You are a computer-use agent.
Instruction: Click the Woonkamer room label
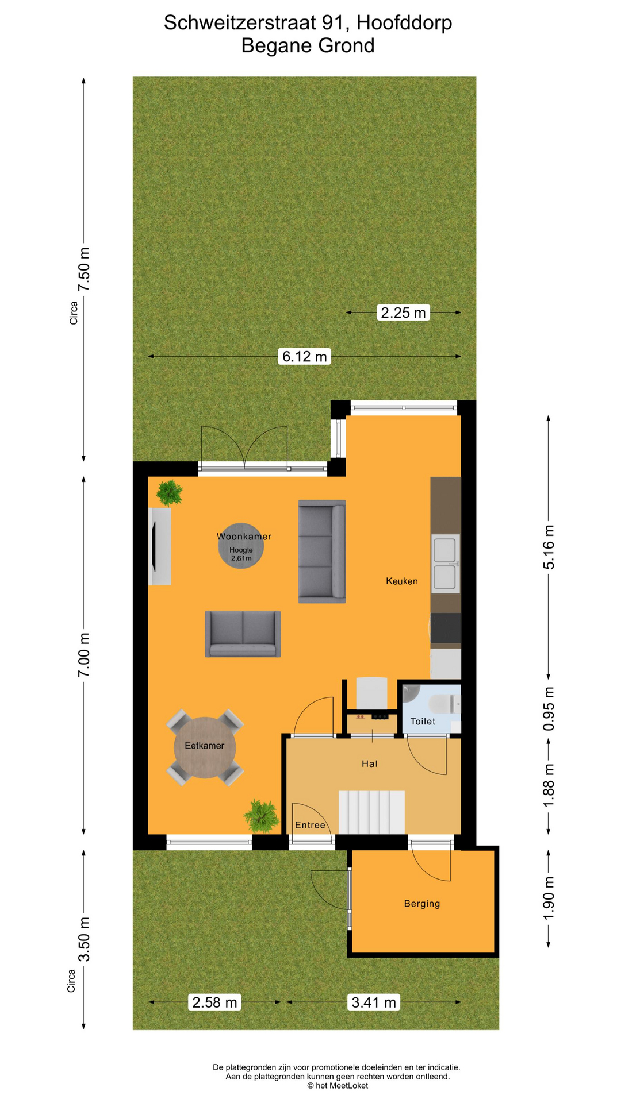pos(244,537)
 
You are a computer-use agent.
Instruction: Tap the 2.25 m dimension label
pos(403,313)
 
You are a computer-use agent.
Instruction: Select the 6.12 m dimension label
pos(305,356)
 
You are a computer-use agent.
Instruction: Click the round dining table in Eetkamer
pos(205,747)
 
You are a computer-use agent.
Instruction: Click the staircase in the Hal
pos(371,812)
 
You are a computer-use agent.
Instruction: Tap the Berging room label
pos(421,904)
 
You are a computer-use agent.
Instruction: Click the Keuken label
pos(401,581)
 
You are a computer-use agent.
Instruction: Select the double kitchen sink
pos(446,564)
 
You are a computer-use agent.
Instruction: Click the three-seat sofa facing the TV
pos(321,551)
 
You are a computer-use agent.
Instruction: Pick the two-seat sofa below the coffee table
pos(243,634)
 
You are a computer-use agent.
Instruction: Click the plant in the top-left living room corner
pos(170,493)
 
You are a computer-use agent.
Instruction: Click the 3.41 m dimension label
pos(374,1002)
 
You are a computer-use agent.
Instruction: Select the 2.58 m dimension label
pos(214,1002)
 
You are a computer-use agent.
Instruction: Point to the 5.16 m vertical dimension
pos(549,547)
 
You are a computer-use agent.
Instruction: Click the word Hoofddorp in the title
pos(404,23)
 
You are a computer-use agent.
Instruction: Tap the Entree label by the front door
pos(310,825)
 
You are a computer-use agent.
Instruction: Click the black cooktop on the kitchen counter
pos(446,628)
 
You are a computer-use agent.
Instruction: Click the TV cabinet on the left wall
pos(160,546)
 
